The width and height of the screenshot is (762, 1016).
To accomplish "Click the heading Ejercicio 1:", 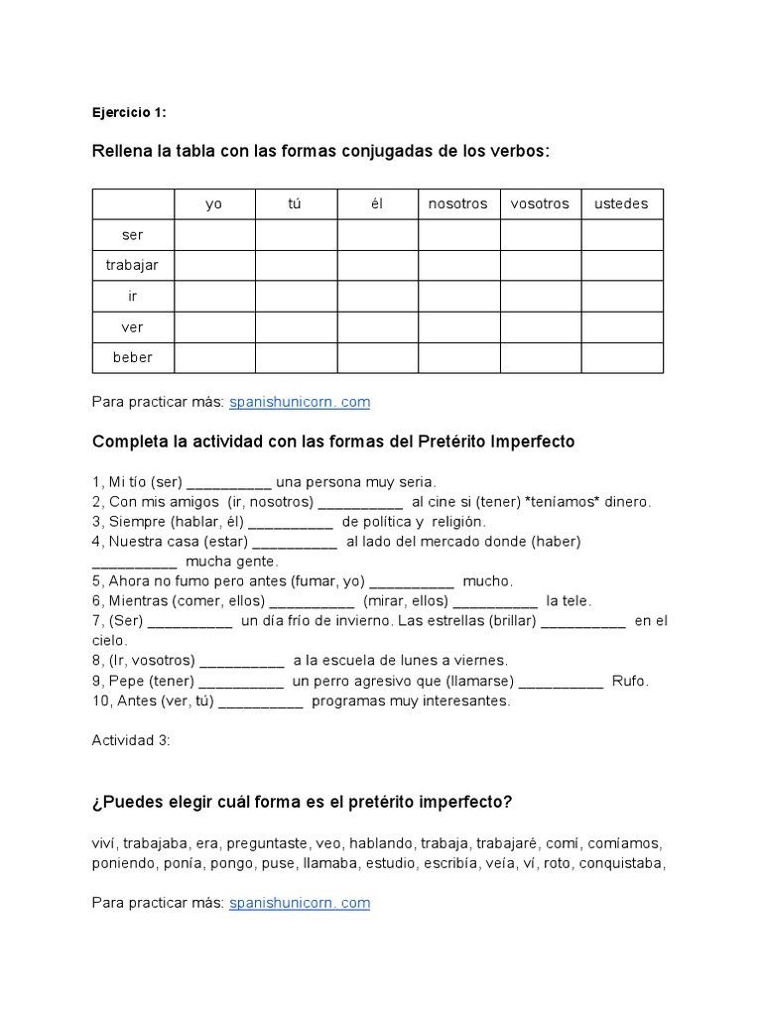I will point(129,112).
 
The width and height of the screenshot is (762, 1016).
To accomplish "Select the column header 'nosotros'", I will point(458,204).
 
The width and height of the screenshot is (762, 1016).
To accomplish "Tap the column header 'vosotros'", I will point(540,204).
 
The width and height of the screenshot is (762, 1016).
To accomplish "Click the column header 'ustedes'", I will point(621,204).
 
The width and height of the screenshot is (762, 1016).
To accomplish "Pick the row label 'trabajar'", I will point(132,266).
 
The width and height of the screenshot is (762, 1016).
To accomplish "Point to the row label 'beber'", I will point(132,358).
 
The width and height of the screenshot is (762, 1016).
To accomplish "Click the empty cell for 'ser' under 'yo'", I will point(213,235).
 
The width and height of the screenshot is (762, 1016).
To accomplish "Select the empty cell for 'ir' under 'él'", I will point(377,297).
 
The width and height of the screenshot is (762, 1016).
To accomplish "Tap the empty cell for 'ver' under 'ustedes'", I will point(621,327).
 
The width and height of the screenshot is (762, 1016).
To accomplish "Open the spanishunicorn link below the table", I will point(300,403).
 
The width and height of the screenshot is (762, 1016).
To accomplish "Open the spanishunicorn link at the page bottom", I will point(300,904).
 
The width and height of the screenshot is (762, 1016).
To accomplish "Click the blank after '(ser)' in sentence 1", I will point(228,483).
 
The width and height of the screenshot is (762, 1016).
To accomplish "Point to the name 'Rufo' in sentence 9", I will point(629,682).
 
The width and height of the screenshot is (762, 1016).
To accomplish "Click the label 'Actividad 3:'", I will point(131,740).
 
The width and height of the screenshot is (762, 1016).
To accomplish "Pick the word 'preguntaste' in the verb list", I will point(266,844).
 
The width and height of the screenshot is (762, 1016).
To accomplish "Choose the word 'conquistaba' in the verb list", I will point(620,864).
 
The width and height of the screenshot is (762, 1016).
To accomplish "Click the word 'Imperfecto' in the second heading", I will point(532,442).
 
